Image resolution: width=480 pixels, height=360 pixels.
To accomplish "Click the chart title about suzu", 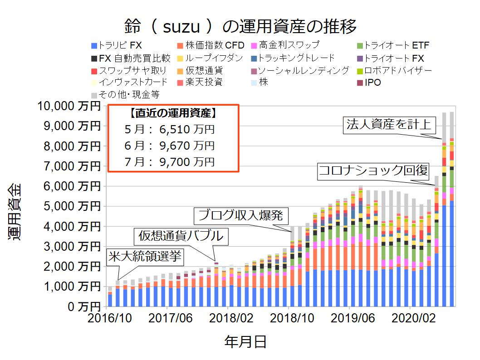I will [x=240, y=26].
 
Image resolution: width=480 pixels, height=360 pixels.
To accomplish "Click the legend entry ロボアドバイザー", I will [x=395, y=71].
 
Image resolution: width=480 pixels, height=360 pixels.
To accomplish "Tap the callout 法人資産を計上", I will [x=388, y=124].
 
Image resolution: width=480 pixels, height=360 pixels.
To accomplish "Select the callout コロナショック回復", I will [x=373, y=170].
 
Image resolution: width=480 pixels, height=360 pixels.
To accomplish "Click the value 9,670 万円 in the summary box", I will [x=186, y=146].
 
